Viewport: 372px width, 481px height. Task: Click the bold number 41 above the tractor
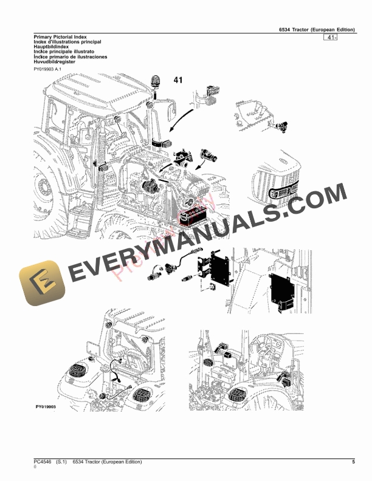click(178, 80)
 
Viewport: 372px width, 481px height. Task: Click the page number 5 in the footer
click(353, 463)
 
